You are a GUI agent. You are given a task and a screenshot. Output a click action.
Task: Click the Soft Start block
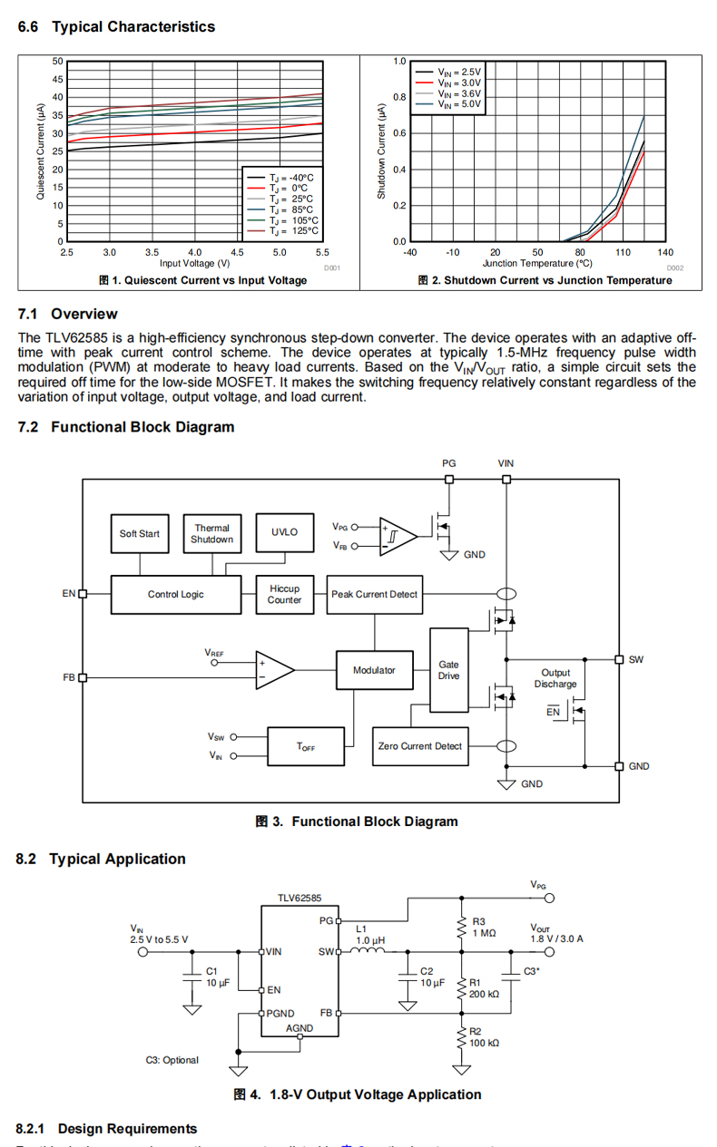tap(139, 534)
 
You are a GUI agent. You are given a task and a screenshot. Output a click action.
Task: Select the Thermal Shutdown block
tap(211, 534)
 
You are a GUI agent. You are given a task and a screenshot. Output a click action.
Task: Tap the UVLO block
tap(284, 533)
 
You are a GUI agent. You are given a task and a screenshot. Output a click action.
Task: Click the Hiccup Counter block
tap(284, 594)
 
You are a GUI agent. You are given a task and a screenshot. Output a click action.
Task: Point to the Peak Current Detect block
tap(374, 594)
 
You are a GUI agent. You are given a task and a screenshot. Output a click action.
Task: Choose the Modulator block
tap(374, 670)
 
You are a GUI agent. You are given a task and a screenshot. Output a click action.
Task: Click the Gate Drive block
tap(448, 670)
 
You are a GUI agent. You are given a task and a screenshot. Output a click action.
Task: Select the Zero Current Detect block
tap(419, 746)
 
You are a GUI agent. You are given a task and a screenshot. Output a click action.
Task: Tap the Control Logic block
tap(176, 594)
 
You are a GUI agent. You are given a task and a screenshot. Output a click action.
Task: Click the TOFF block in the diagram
tap(306, 746)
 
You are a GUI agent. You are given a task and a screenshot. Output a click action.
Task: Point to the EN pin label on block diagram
tap(69, 594)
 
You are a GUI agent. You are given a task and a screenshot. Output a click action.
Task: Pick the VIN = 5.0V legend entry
tap(459, 104)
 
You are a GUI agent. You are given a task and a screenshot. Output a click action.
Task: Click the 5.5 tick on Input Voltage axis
tap(322, 253)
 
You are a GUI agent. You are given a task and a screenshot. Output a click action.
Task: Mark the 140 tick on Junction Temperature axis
tap(665, 253)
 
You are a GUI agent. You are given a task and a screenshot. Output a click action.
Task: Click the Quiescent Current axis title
tap(40, 151)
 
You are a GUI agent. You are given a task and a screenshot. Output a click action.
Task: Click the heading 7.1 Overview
tap(67, 314)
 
